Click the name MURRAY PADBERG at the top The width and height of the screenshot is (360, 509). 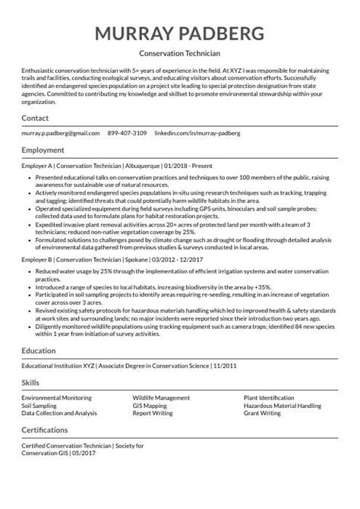pos(180,33)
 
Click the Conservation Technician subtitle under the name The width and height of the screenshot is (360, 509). pos(180,54)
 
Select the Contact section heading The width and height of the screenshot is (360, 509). pos(35,119)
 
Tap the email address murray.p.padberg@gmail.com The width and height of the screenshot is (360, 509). pos(61,133)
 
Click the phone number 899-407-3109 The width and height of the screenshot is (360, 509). pos(128,133)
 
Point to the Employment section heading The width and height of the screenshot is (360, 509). pos(43,151)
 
